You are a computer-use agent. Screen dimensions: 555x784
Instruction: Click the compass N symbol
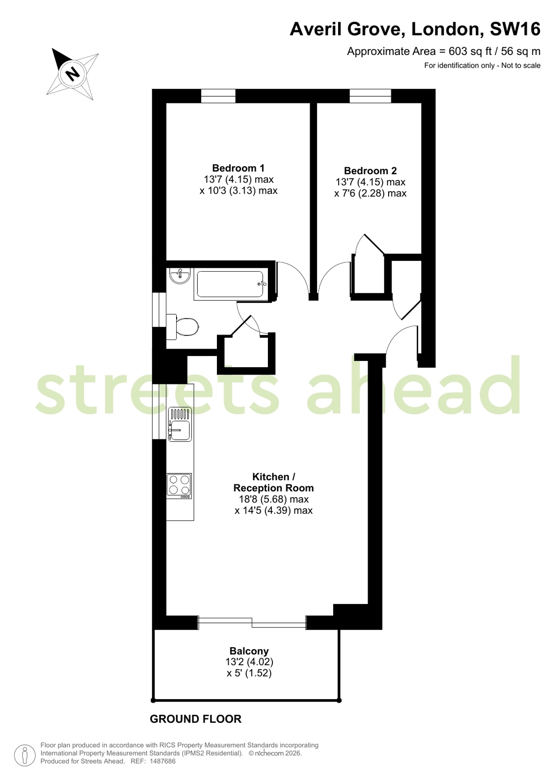click(x=73, y=74)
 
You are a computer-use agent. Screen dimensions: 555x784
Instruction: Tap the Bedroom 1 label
click(x=238, y=168)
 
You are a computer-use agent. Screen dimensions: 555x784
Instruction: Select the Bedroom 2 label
click(x=370, y=171)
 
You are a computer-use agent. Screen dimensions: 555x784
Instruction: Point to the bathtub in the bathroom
click(x=230, y=284)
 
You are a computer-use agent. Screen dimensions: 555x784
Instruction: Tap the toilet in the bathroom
click(x=183, y=327)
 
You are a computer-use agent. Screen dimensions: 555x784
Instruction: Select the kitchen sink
click(x=180, y=424)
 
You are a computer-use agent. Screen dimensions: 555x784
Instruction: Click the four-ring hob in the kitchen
click(x=180, y=486)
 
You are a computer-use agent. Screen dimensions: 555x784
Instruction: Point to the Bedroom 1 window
click(x=218, y=96)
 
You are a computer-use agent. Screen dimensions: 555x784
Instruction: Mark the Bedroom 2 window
click(x=370, y=96)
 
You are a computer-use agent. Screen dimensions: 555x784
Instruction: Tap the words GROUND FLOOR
click(x=195, y=719)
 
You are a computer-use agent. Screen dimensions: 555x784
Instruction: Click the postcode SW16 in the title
click(x=515, y=29)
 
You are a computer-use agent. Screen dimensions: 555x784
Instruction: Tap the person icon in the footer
click(x=25, y=756)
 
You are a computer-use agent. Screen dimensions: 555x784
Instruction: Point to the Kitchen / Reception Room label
click(x=273, y=482)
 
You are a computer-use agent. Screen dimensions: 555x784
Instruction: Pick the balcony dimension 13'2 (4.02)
click(x=249, y=662)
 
